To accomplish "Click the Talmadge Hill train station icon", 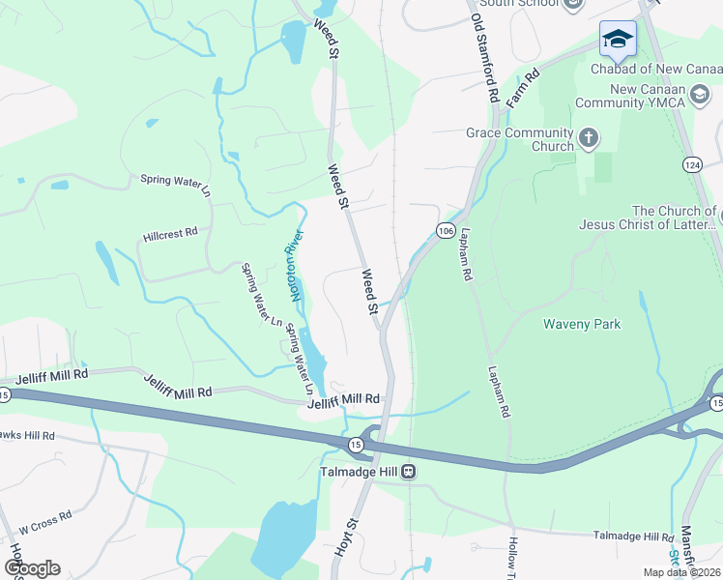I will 409,472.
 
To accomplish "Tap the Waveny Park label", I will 582,324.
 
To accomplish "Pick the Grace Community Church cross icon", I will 589,139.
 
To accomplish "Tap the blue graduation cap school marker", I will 618,41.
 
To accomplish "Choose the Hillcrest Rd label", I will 170,233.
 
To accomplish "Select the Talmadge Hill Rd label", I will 633,536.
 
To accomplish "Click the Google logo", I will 32,568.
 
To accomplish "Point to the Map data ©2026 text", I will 681,572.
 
